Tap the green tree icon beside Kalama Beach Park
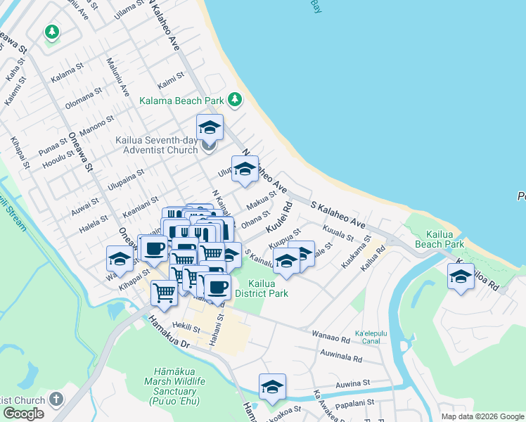point(234,101)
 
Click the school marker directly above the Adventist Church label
point(210,129)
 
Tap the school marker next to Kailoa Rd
point(461,276)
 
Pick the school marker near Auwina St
point(272,388)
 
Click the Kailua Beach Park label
point(439,239)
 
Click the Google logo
point(23,414)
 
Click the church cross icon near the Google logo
point(56,399)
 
